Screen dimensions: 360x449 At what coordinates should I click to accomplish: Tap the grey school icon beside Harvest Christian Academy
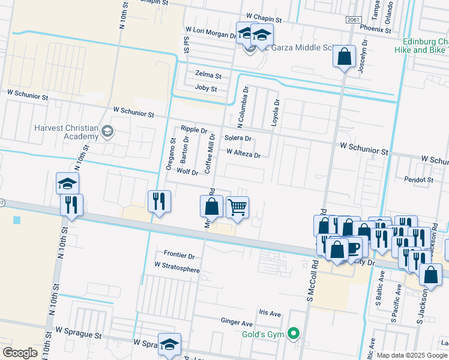(x=107, y=131)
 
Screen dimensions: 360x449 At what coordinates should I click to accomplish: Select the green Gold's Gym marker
(x=293, y=333)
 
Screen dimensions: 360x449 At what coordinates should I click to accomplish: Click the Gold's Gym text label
(x=264, y=334)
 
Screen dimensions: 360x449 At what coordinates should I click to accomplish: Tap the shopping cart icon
(x=237, y=208)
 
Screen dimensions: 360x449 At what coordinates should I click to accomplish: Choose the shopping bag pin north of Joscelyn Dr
(x=345, y=58)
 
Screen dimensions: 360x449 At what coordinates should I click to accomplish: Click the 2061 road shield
(x=354, y=20)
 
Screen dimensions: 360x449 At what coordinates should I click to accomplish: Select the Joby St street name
(x=206, y=88)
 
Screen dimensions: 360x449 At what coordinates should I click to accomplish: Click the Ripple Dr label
(x=194, y=130)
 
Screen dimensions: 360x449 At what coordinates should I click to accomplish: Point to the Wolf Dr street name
(x=187, y=172)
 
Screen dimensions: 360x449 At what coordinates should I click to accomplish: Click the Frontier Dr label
(x=179, y=255)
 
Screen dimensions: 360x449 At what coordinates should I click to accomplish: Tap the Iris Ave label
(x=270, y=313)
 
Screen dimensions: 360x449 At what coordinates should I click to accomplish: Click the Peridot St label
(x=418, y=179)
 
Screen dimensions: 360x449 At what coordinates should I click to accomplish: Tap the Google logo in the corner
(x=20, y=353)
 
